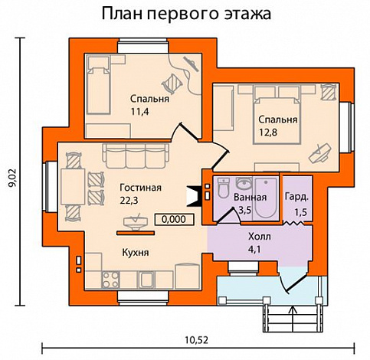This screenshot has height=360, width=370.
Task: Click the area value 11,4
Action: click(140, 112)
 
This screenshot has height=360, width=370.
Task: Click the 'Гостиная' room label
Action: click(140, 188)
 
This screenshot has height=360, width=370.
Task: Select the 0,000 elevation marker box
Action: click(174, 218)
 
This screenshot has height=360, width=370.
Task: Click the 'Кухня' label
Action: click(135, 252)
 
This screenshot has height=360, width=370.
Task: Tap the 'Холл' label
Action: click(260, 236)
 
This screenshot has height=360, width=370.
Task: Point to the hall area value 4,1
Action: click(260, 248)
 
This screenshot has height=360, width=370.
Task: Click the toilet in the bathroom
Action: click(223, 186)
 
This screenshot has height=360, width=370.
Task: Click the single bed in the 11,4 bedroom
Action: click(100, 87)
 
